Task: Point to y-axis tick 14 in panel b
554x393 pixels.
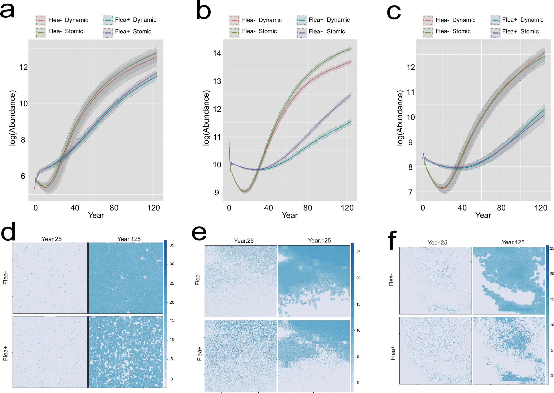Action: [217, 53]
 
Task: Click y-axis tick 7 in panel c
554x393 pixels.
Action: [410, 193]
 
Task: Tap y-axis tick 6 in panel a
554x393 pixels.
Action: [23, 176]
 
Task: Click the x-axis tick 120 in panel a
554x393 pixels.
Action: [153, 208]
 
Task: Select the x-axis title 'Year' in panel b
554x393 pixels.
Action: [290, 215]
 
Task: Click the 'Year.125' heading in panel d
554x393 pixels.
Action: [129, 239]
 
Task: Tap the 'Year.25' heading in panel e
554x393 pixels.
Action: [244, 241]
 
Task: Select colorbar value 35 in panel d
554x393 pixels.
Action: [172, 245]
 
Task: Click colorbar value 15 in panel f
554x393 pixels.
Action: [552, 299]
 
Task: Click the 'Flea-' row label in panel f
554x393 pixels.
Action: [391, 280]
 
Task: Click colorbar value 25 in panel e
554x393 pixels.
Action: [358, 252]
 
